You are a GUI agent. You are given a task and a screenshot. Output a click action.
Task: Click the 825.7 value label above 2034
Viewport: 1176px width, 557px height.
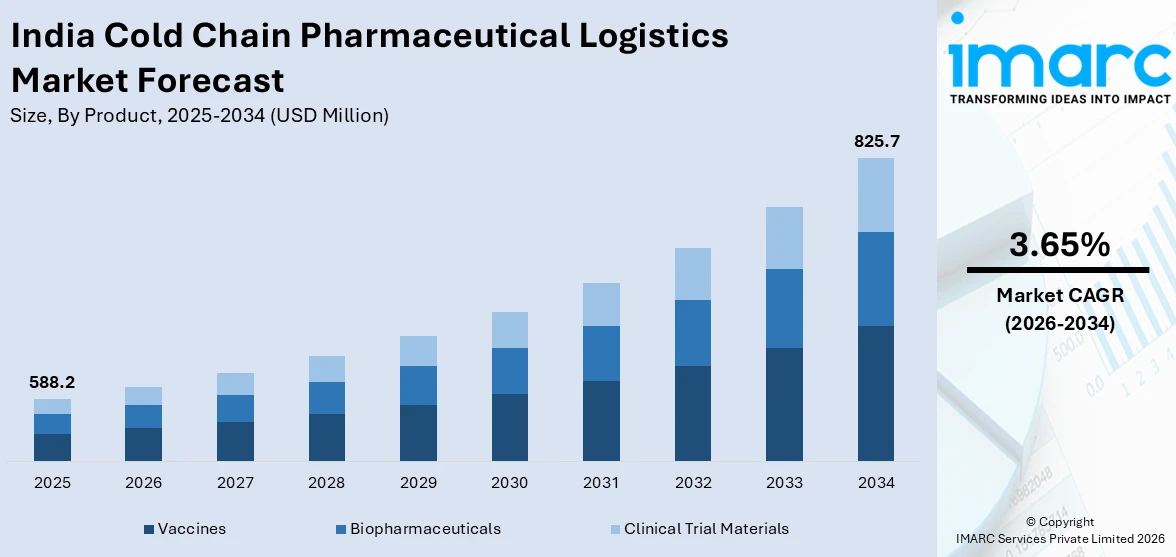875,142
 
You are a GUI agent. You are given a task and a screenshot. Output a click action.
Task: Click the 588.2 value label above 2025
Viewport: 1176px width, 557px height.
52,383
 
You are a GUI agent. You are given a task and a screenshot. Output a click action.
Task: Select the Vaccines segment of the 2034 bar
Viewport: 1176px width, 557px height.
875,393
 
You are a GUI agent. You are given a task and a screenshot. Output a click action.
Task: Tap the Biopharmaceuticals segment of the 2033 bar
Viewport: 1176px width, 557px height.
784,308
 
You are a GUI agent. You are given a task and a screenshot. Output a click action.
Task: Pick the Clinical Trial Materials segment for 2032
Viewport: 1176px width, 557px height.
692,274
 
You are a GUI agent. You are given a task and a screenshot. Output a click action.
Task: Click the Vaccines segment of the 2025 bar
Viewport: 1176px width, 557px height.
52,447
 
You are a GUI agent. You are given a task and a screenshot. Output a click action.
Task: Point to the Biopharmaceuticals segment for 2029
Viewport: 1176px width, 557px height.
418,385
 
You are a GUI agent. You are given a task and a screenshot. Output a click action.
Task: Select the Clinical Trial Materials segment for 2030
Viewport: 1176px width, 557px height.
509,330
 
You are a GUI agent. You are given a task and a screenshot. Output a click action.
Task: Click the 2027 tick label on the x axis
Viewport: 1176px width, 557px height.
235,483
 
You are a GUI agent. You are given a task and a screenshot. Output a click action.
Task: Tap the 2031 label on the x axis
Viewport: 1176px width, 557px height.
601,483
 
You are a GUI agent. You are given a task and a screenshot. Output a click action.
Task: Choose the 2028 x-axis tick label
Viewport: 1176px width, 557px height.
327,483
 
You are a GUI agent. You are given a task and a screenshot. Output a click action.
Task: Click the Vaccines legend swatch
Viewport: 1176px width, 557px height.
149,529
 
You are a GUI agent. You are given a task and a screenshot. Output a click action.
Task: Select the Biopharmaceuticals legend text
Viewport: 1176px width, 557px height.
425,529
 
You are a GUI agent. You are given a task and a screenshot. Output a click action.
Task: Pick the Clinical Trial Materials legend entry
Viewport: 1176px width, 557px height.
706,529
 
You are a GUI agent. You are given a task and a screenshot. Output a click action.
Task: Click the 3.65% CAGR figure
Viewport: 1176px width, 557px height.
1058,245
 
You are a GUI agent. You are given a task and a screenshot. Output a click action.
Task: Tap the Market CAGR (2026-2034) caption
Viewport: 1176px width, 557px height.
1058,309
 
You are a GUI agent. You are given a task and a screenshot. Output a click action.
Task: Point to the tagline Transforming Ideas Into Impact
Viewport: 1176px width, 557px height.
1058,99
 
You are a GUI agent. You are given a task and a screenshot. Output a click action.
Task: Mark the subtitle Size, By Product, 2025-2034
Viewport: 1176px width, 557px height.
199,115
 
